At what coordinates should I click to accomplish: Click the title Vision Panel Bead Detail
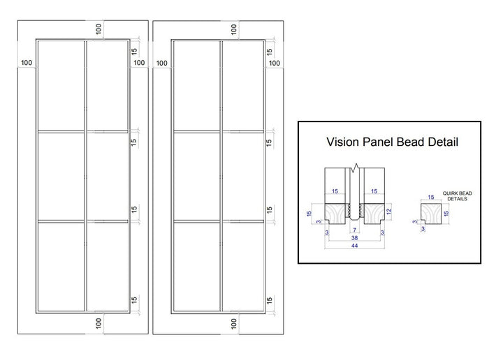point(392,142)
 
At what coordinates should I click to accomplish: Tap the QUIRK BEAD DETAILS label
point(457,196)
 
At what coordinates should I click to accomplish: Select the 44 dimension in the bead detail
point(354,246)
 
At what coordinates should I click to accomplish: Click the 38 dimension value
point(354,238)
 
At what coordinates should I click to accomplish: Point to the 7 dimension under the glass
point(354,230)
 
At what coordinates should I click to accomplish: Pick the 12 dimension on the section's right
point(389,212)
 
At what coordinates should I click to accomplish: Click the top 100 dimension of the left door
point(99,29)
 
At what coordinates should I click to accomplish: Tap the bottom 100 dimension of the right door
point(234,323)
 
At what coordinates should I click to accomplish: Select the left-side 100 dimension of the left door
point(27,63)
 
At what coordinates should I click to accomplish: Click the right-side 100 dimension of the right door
point(275,63)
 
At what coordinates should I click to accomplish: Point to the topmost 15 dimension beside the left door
point(134,51)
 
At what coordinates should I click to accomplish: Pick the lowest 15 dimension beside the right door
point(270,300)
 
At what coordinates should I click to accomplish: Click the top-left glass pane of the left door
point(61,85)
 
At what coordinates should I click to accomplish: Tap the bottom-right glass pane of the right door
point(243,267)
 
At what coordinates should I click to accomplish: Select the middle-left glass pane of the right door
point(196,176)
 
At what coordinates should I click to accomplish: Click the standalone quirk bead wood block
point(431,213)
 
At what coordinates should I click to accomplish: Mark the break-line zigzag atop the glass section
point(355,168)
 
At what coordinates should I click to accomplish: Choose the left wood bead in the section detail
point(335,214)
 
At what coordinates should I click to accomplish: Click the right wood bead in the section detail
point(374,214)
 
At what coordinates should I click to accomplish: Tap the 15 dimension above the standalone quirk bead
point(431,198)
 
